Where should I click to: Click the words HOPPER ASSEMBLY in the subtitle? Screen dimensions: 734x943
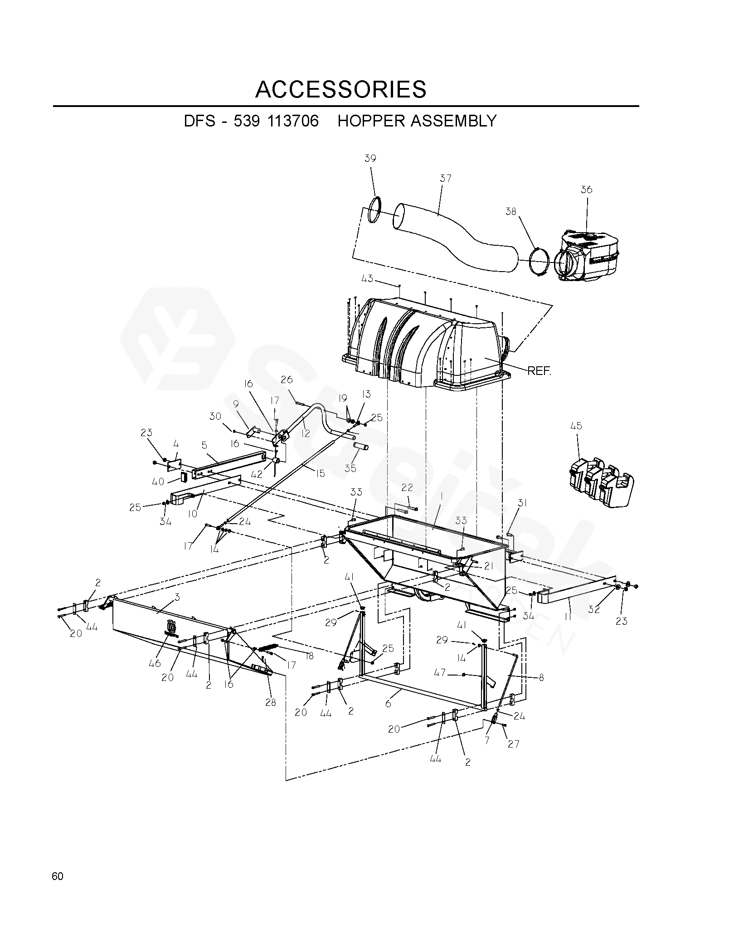point(417,121)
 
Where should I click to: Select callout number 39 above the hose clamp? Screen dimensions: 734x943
point(370,158)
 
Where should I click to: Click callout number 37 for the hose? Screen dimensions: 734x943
point(446,178)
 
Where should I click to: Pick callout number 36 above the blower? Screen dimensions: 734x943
point(587,190)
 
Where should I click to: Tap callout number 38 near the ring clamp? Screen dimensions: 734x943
point(511,212)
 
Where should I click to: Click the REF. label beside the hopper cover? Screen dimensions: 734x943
point(539,371)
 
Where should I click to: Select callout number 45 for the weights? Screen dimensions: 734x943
point(576,426)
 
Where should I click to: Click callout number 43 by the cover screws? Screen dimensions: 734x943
point(367,278)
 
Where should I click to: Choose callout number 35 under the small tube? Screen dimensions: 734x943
point(350,468)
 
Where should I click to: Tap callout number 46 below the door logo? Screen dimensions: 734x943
point(155,663)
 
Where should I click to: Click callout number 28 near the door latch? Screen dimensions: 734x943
point(270,703)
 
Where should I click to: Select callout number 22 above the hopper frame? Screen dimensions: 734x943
point(407,487)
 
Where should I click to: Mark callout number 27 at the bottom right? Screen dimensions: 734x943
point(513,744)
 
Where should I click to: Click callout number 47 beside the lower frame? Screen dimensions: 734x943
point(439,673)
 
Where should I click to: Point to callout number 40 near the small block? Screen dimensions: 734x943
point(158,482)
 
